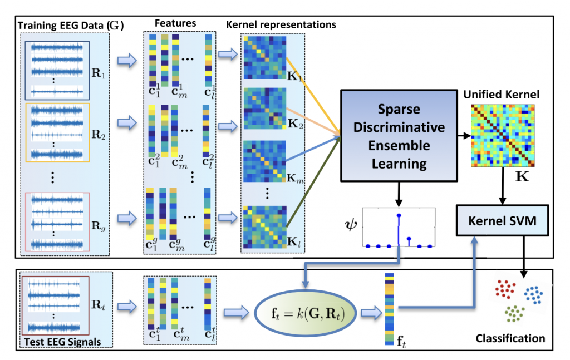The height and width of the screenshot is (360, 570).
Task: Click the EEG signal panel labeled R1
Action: click(58, 70)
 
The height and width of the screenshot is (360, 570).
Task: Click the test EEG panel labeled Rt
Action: click(51, 306)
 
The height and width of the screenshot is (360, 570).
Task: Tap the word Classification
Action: click(510, 338)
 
